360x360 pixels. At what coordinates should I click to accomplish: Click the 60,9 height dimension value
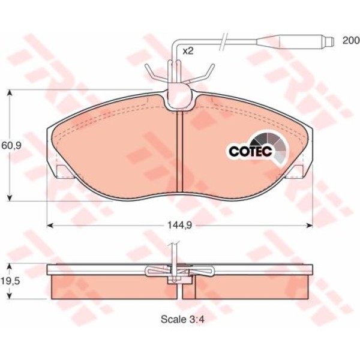[x=11, y=145]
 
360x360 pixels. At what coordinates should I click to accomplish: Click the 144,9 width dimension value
[x=179, y=226]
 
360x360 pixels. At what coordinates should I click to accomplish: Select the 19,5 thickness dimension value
[x=10, y=281]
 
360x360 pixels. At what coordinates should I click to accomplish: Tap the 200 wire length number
[x=351, y=40]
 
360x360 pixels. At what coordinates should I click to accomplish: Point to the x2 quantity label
[x=188, y=51]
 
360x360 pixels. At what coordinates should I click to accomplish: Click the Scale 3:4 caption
[x=182, y=319]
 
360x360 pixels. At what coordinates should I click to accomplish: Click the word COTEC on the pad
[x=250, y=151]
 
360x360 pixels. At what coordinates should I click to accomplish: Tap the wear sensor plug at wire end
[x=295, y=42]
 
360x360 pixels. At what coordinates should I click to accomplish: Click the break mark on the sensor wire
[x=223, y=42]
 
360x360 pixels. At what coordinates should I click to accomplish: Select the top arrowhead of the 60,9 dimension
[x=10, y=93]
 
